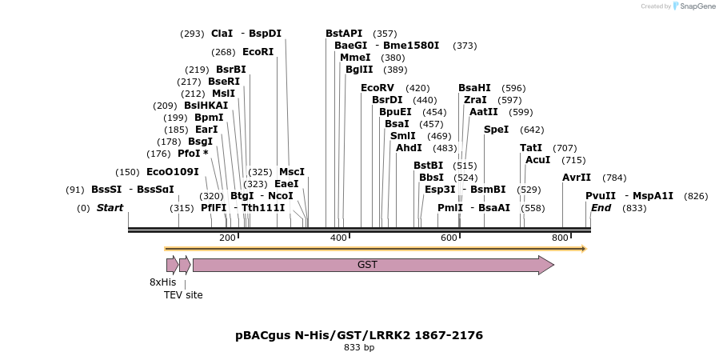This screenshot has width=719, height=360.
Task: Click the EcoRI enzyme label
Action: [258, 52]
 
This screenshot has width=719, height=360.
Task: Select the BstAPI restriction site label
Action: [344, 34]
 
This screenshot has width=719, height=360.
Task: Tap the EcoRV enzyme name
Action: [377, 88]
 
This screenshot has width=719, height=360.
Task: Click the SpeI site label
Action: [496, 130]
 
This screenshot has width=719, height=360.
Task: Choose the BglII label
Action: [359, 70]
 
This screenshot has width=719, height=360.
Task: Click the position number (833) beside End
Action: [633, 208]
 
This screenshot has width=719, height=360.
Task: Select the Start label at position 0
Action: [110, 208]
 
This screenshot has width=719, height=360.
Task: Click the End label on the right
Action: [601, 208]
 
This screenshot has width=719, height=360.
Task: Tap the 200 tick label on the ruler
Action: [227, 238]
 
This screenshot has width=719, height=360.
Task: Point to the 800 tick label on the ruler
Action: [560, 238]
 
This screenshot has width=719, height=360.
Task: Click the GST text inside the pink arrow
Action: [367, 265]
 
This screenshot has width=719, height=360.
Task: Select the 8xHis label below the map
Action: [162, 282]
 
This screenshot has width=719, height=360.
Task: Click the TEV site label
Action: [183, 295]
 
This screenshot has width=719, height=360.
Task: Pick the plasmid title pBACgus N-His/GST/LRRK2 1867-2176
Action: [359, 335]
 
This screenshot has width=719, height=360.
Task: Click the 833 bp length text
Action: [359, 348]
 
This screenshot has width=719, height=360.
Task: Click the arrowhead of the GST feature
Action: [546, 265]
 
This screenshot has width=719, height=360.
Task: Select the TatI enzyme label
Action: [531, 148]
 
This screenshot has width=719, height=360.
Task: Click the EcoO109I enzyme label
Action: [172, 172]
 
